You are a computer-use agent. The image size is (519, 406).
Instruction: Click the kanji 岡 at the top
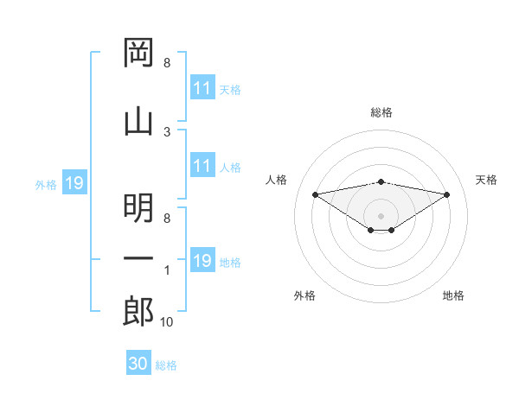coord(138,53)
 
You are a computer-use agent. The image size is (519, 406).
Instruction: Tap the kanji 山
coord(138,123)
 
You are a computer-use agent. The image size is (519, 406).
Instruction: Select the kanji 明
coord(138,208)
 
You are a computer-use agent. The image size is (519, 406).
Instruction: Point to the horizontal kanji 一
coord(138,258)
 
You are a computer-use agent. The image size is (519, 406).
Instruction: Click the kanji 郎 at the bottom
coord(138,311)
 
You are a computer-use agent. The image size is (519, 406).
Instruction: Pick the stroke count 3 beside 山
coord(167,132)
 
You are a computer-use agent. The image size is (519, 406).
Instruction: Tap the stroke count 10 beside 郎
coord(166,322)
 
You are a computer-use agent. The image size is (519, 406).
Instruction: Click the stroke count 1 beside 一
coord(167,270)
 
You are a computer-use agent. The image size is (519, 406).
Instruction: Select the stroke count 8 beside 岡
coord(167,63)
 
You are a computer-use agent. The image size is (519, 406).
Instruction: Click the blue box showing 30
coord(138,362)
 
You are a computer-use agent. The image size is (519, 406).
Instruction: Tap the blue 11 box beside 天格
coord(203,87)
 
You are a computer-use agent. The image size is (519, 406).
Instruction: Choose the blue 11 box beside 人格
coord(203,165)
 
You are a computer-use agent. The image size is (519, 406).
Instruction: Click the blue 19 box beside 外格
coord(74,182)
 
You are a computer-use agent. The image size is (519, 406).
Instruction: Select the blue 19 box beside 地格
coord(203,259)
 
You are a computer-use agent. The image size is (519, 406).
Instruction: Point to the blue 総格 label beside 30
coord(166,365)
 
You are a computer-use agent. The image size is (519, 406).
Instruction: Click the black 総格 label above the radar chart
coord(381,112)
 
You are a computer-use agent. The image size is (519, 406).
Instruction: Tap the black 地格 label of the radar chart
coord(453,295)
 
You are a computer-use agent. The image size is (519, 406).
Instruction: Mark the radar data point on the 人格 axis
coord(315,194)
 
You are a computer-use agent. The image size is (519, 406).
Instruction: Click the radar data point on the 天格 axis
coord(447,194)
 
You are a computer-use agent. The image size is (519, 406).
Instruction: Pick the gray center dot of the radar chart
coord(381,216)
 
